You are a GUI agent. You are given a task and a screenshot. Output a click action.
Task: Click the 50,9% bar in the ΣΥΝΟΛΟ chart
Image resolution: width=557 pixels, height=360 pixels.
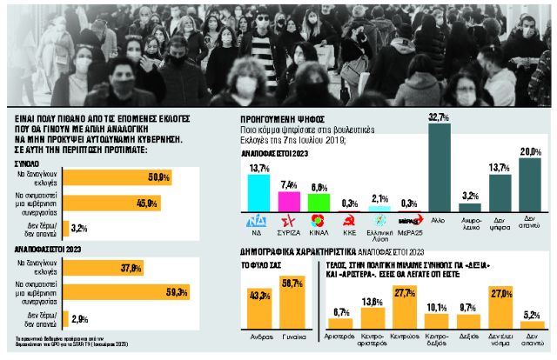117,177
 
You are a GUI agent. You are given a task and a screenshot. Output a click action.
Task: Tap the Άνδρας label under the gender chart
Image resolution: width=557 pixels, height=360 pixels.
258,334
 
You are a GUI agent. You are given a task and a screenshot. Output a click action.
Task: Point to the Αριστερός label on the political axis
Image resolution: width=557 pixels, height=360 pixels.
340,334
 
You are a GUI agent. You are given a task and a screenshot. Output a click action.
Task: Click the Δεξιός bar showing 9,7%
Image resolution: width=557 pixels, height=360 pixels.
469,323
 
